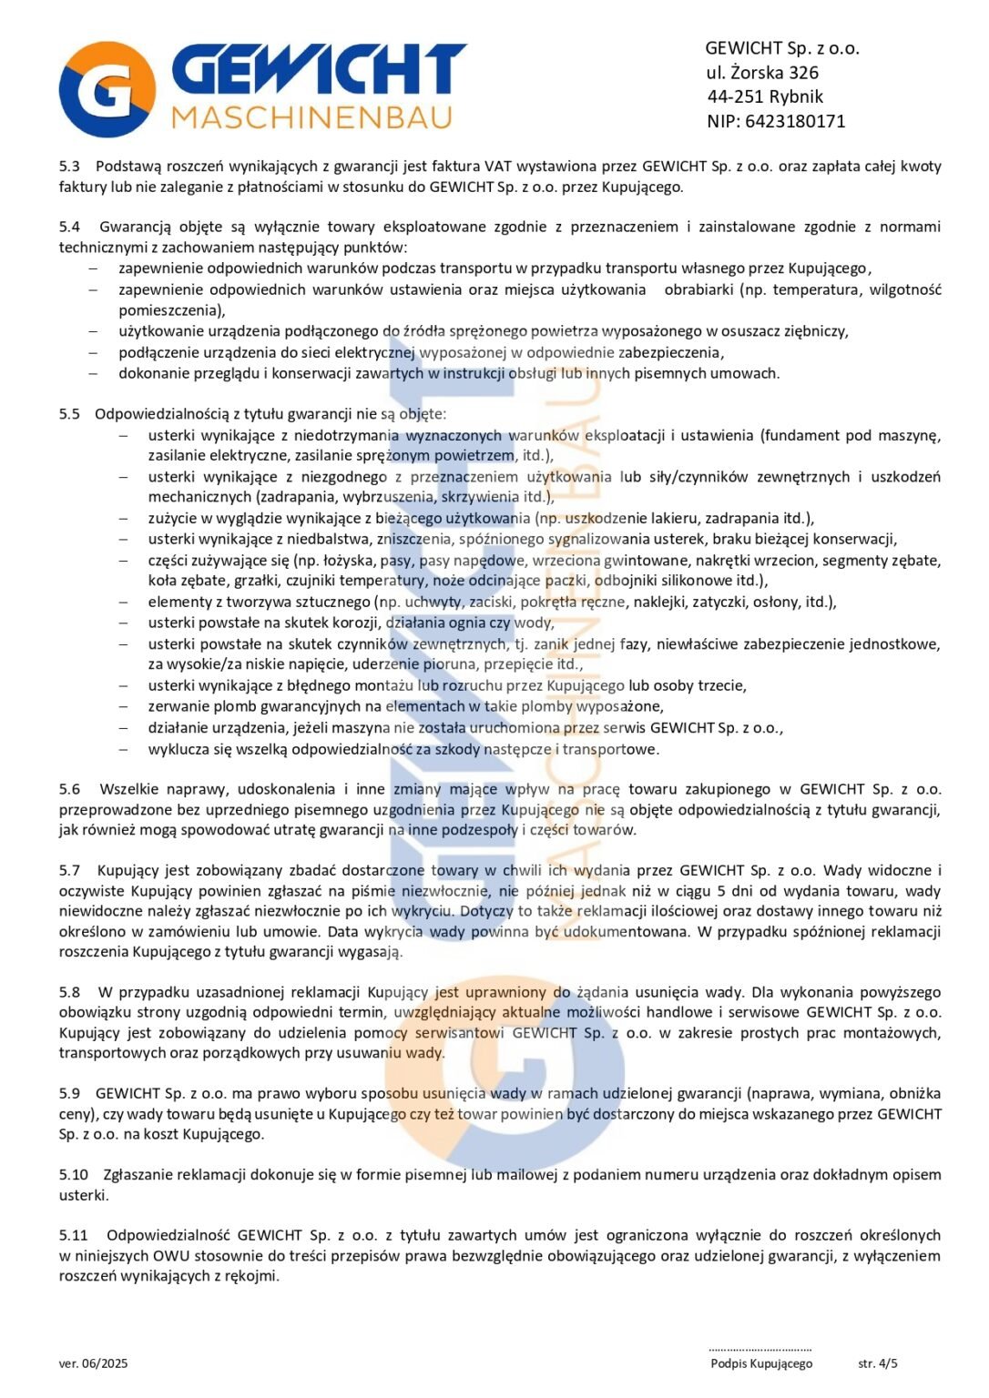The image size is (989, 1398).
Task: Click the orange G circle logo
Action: (107, 89)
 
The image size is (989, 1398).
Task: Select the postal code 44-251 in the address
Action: (735, 96)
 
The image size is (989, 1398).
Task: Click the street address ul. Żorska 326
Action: (762, 73)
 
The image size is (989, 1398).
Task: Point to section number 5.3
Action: (69, 167)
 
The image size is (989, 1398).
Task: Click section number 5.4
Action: (69, 227)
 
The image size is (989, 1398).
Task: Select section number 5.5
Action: (69, 414)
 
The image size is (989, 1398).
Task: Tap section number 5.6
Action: (69, 789)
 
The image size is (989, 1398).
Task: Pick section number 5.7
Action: (69, 870)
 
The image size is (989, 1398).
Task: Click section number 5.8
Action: (69, 992)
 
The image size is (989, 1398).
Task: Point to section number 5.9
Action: (69, 1093)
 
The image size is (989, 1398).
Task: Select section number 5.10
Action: (73, 1175)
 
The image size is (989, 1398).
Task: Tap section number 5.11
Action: (73, 1235)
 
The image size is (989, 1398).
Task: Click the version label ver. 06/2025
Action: (94, 1363)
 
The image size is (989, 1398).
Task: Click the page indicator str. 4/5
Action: (878, 1363)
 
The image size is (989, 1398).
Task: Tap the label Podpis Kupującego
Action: (761, 1363)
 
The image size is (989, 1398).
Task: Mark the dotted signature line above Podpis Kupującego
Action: (760, 1349)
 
